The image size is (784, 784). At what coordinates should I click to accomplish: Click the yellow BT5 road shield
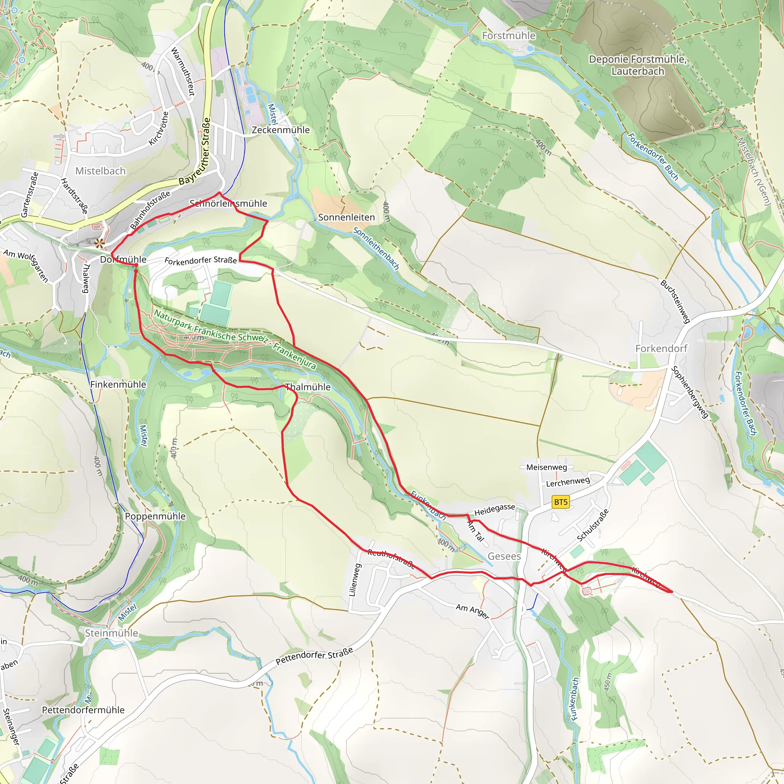[x=561, y=502]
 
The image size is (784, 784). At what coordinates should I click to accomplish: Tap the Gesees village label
[x=504, y=556]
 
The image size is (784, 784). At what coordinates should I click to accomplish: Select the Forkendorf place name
[x=661, y=348]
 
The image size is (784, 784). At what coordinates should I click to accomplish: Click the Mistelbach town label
[x=101, y=171]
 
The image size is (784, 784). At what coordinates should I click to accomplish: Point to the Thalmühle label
[x=308, y=387]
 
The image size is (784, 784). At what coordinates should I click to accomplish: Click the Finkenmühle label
[x=118, y=384]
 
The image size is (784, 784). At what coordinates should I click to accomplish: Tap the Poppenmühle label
[x=155, y=516]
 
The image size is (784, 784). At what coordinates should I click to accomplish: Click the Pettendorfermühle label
[x=83, y=710]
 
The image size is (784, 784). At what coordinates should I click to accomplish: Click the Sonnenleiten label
[x=346, y=217]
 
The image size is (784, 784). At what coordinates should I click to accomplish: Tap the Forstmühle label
[x=508, y=36]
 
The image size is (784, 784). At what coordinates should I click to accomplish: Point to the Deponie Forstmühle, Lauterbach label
[x=637, y=65]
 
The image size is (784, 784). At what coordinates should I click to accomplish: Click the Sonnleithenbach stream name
[x=376, y=248]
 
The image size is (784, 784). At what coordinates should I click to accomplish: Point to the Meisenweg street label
[x=546, y=467]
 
